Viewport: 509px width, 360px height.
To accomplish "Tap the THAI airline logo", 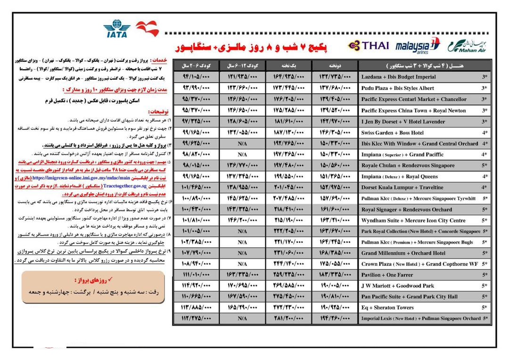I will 369,45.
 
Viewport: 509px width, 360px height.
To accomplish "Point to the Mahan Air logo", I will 469,46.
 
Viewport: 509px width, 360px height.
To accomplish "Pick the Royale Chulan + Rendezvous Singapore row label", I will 408,166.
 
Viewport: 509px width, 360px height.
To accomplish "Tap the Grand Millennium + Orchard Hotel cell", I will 403,253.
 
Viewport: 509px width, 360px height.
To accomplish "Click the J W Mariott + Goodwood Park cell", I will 398,286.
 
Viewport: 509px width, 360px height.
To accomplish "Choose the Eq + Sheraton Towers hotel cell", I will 387,308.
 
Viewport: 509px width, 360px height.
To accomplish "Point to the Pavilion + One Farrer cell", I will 387,275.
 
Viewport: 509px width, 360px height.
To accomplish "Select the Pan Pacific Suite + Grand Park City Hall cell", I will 409,297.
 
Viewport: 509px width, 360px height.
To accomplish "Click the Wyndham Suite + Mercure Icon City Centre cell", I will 413,221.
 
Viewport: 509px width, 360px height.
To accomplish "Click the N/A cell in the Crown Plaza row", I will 242,264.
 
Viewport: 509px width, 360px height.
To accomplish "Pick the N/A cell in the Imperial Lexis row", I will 242,319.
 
